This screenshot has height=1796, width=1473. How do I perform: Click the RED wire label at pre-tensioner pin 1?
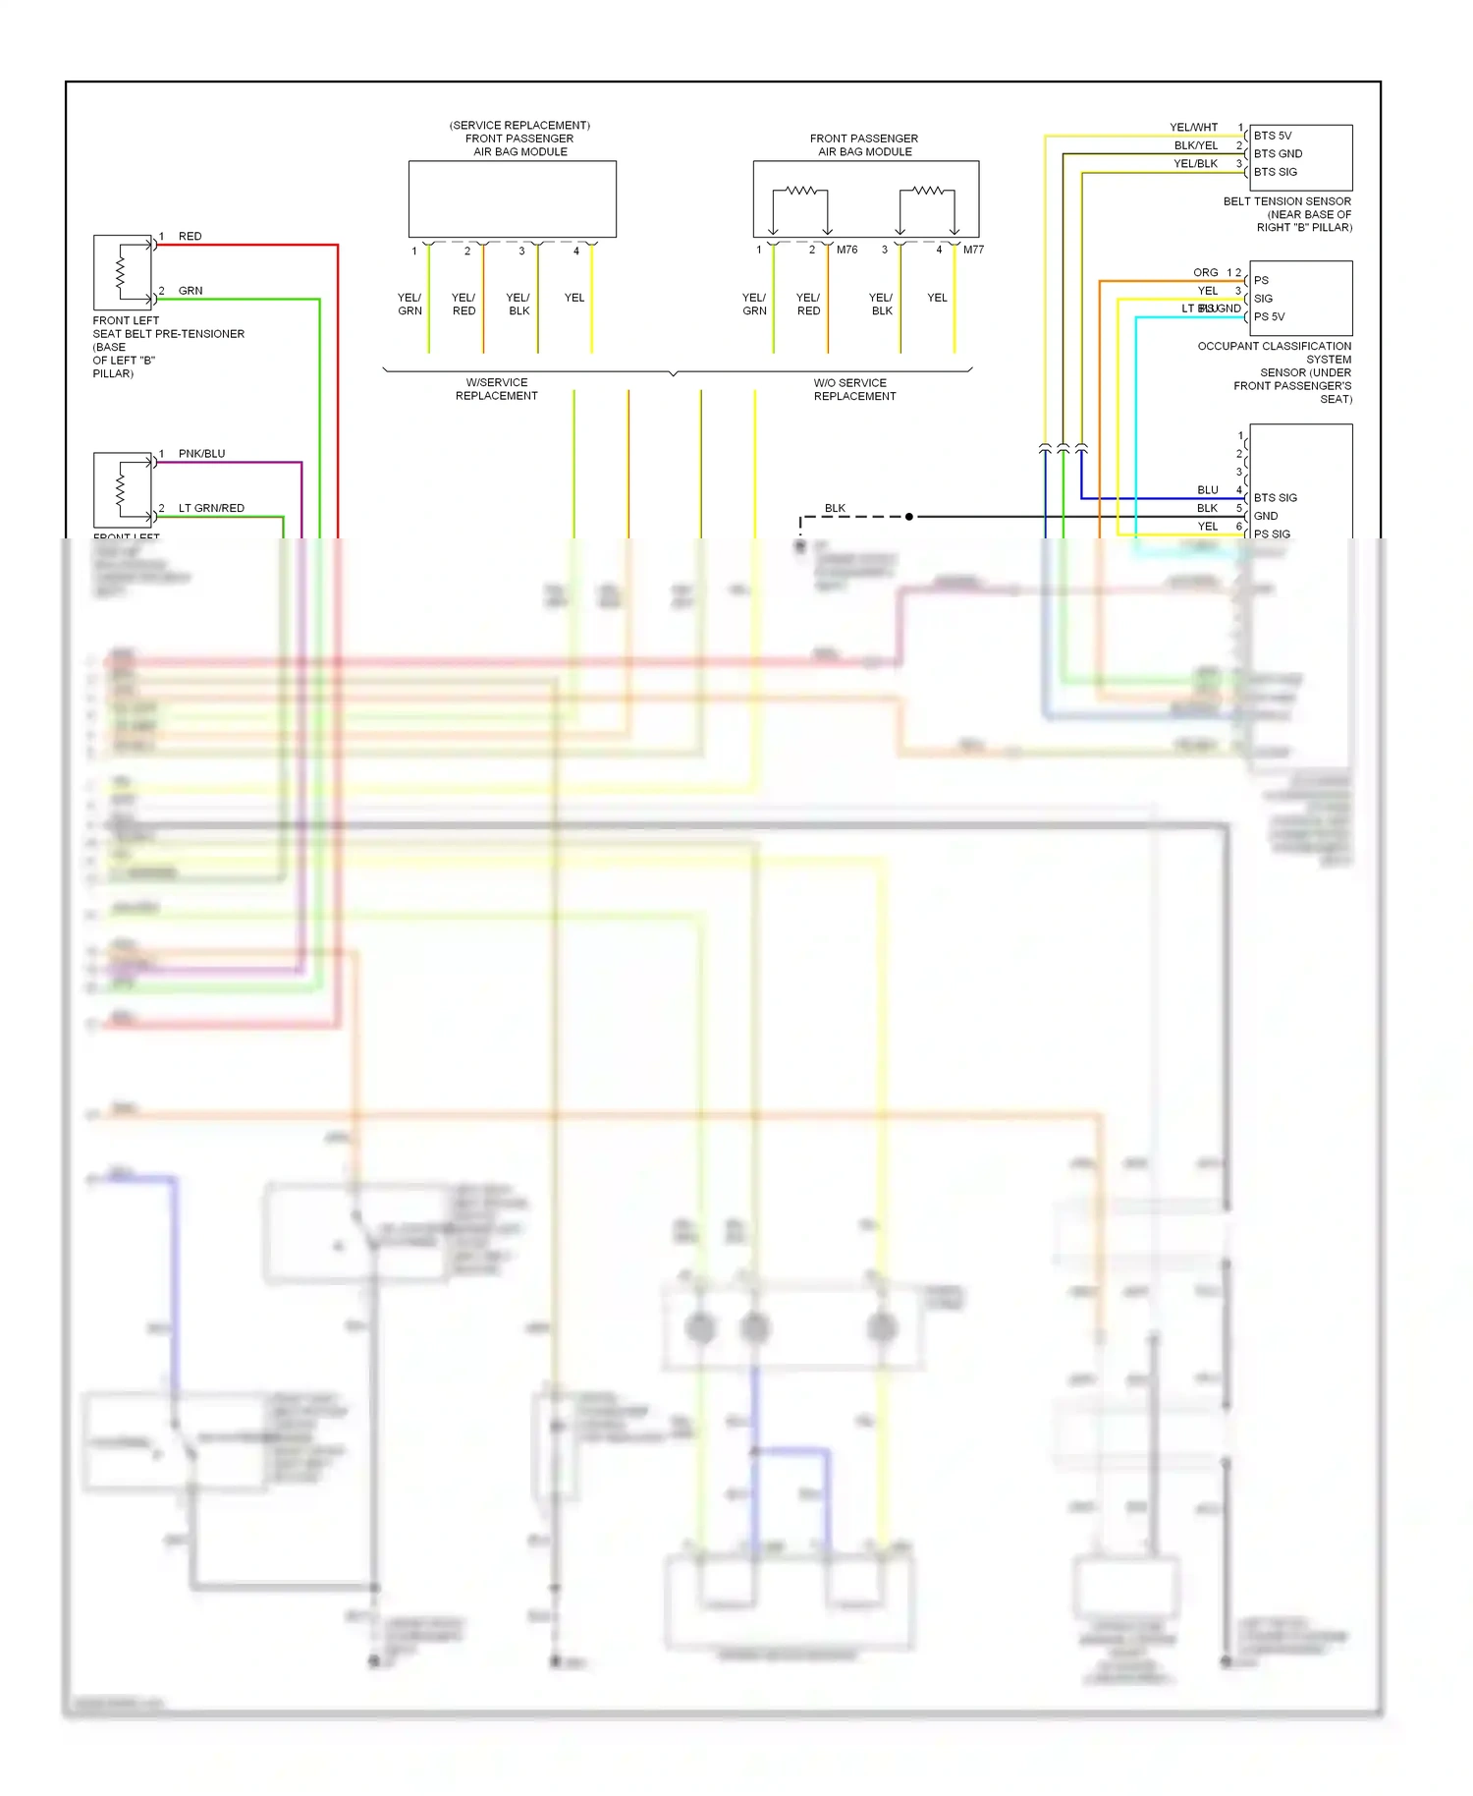[x=190, y=237]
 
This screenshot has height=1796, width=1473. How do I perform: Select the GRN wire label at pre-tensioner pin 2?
[x=191, y=291]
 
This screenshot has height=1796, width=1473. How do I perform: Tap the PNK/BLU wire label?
[x=201, y=454]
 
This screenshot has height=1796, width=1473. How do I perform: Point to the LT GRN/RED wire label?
[x=211, y=508]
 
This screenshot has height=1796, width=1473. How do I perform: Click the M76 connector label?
[x=846, y=250]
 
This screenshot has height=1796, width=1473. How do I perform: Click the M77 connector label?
[x=973, y=250]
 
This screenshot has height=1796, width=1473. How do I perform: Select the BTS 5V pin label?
[x=1273, y=136]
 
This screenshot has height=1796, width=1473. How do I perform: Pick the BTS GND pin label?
[x=1278, y=154]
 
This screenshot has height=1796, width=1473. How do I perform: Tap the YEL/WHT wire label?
[x=1193, y=128]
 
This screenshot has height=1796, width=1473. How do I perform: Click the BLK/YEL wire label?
[x=1195, y=145]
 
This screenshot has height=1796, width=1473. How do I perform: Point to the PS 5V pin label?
[x=1269, y=316]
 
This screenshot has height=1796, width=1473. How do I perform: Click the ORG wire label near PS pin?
[x=1205, y=272]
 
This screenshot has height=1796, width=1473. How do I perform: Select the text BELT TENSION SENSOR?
[x=1286, y=201]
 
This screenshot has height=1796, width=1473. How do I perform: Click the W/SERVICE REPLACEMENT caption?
[x=496, y=389]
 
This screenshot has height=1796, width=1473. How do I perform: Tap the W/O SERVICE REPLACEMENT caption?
[x=854, y=389]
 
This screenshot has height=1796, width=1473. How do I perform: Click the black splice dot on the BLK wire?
[x=909, y=517]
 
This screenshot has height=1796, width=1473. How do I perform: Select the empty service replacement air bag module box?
[x=512, y=199]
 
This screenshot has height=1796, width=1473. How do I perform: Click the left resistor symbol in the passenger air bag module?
[x=800, y=191]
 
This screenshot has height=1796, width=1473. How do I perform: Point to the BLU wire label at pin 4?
[x=1207, y=490]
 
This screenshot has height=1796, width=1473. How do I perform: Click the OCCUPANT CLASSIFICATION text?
[x=1274, y=346]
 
